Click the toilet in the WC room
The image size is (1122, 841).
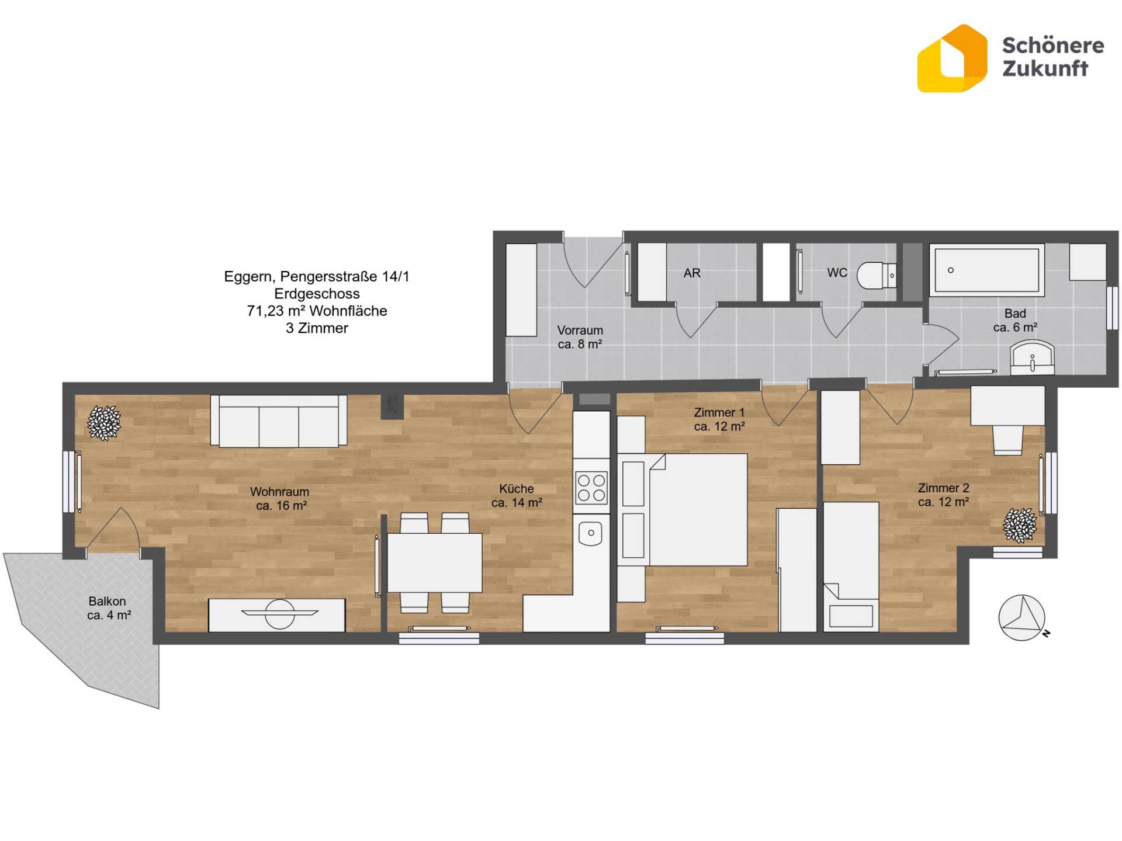click(x=877, y=274)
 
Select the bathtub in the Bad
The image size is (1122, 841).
click(x=987, y=270)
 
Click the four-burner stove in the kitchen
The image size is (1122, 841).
click(x=591, y=488)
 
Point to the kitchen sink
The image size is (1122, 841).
click(x=591, y=533)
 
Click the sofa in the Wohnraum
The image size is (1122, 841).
click(x=279, y=421)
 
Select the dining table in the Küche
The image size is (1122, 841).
click(x=435, y=562)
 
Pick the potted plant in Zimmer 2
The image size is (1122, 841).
click(x=1020, y=524)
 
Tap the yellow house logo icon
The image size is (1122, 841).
click(x=952, y=58)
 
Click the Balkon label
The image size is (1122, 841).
click(x=107, y=601)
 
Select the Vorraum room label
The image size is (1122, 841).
click(x=580, y=330)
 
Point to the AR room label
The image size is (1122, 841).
click(x=692, y=273)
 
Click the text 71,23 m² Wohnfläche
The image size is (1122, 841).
click(x=317, y=311)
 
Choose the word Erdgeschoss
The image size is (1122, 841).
click(x=317, y=294)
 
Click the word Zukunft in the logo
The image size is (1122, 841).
click(x=1045, y=68)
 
